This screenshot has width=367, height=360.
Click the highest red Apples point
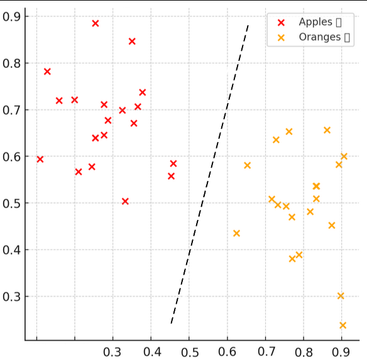(x=96, y=23)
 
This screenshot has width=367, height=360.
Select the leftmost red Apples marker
(x=40, y=159)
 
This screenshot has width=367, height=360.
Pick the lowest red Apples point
(x=125, y=201)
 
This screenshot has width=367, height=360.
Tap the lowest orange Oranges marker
(x=342, y=325)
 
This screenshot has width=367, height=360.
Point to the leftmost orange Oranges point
(x=236, y=233)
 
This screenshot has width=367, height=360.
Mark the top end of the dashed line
(x=249, y=25)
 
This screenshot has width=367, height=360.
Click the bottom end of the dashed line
(x=171, y=324)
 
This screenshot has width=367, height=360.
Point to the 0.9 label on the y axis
(x=12, y=16)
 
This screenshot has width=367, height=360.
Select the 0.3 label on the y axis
(x=12, y=297)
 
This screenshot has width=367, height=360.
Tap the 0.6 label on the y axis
(x=12, y=156)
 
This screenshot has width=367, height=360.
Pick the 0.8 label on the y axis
(x=12, y=63)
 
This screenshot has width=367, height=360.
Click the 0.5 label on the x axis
(x=189, y=351)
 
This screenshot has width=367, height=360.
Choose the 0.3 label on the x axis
(x=112, y=351)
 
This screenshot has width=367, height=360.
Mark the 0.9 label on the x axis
(x=342, y=351)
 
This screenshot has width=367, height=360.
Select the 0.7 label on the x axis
(x=266, y=351)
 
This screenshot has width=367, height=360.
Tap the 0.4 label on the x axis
(x=151, y=351)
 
